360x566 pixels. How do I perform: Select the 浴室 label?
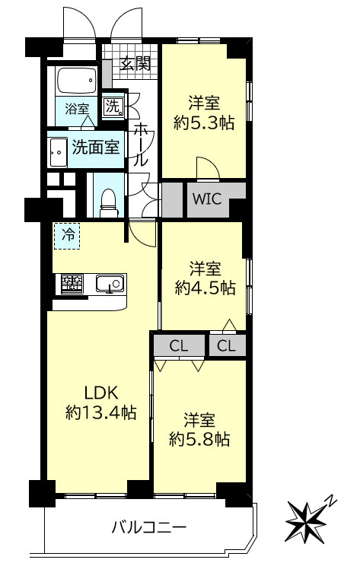[76, 109]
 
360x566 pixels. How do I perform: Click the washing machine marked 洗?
[113, 107]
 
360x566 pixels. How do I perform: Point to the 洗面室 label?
[96, 148]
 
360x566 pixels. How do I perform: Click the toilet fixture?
[107, 199]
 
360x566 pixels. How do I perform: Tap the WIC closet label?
[206, 200]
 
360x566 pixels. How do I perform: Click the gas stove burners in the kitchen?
[72, 284]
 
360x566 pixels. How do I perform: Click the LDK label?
[100, 393]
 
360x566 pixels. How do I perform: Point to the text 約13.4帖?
[100, 413]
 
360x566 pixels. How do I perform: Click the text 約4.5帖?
[205, 288]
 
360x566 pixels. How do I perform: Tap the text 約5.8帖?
[200, 439]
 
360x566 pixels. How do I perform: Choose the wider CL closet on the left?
[179, 346]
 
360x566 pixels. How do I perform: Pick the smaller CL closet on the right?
[227, 346]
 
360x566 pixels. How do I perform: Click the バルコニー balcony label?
[149, 526]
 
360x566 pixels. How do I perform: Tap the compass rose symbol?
[307, 520]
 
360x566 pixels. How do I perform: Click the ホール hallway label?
[142, 145]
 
